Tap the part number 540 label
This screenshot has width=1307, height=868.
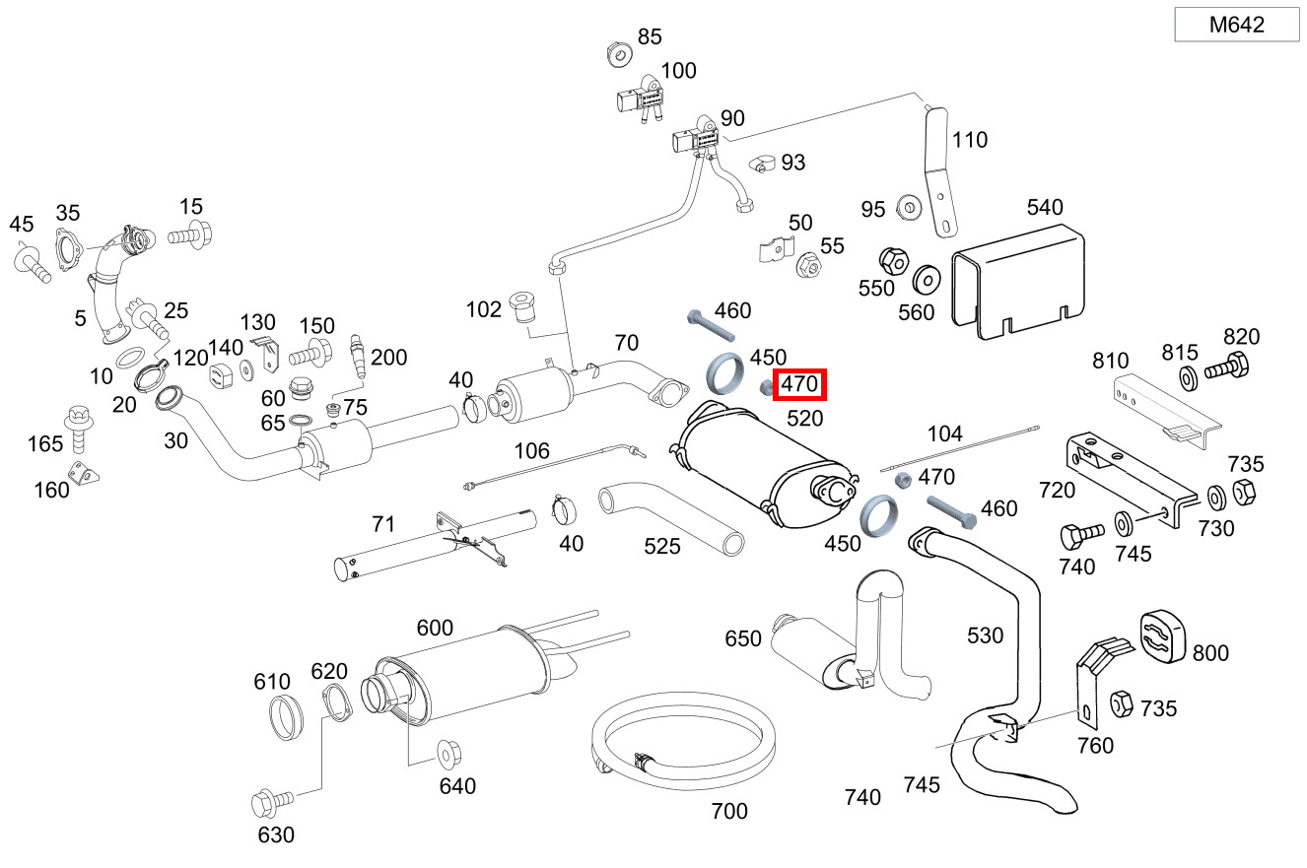pos(1045,208)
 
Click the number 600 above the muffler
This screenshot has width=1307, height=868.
pos(435,629)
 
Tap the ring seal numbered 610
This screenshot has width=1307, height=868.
pos(286,717)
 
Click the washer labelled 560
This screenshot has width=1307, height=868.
pos(926,280)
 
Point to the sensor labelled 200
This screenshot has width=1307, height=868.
pos(358,358)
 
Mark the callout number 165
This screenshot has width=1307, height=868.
pos(45,444)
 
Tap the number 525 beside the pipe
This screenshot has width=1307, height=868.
pos(662,546)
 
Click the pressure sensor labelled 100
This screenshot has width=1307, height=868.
pos(639,99)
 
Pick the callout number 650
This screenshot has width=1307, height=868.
pos(743,639)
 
